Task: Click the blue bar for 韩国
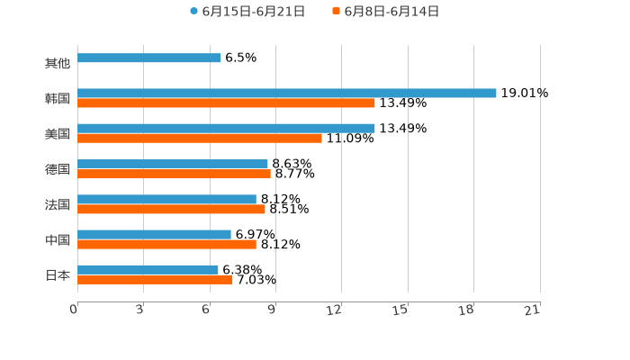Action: (x=286, y=93)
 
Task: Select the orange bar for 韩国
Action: (x=226, y=103)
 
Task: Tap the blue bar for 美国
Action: (x=226, y=129)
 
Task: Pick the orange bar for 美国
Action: (x=199, y=139)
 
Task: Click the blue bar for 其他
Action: (x=148, y=58)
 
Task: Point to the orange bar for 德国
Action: (x=174, y=174)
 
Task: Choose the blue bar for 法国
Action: (x=166, y=199)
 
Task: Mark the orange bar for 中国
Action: (x=166, y=244)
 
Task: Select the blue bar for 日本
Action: (x=148, y=269)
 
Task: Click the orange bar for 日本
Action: (x=155, y=279)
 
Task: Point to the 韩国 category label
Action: (x=58, y=98)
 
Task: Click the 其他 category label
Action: (x=58, y=63)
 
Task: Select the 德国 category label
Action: (x=58, y=169)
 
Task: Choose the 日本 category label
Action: (x=58, y=274)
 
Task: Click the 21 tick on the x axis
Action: (x=532, y=310)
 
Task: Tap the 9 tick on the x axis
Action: (x=272, y=310)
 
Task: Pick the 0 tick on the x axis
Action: (x=74, y=310)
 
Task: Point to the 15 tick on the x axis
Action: (x=400, y=310)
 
